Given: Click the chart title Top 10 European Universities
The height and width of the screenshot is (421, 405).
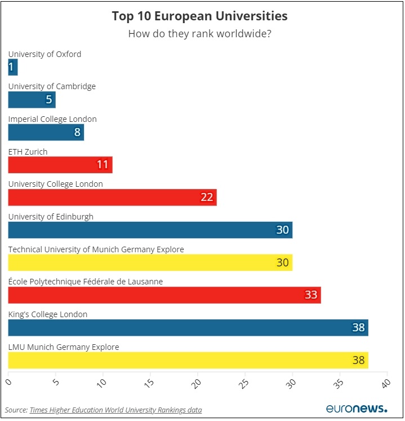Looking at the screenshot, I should pyautogui.click(x=199, y=16).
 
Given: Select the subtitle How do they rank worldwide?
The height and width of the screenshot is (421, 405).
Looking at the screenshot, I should pyautogui.click(x=199, y=33).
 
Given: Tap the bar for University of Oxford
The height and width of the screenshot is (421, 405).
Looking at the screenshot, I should pyautogui.click(x=13, y=68).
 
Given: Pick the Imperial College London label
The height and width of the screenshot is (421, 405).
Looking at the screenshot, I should pyautogui.click(x=52, y=119).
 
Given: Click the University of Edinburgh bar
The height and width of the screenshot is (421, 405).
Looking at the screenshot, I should pyautogui.click(x=150, y=230).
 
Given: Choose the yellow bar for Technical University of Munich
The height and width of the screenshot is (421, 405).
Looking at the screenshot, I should pyautogui.click(x=150, y=262).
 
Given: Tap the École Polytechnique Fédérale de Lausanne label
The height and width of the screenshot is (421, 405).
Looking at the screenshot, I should pyautogui.click(x=85, y=282).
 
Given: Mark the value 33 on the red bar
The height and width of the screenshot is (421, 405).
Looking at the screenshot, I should pyautogui.click(x=310, y=295).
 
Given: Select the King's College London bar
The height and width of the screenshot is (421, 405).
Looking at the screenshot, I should pyautogui.click(x=188, y=327).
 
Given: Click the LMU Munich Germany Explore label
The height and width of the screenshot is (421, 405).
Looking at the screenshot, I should pyautogui.click(x=64, y=347).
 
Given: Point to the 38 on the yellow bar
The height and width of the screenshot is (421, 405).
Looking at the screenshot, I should pyautogui.click(x=358, y=360).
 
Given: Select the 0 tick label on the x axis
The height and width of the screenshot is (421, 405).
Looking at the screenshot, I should pyautogui.click(x=8, y=382).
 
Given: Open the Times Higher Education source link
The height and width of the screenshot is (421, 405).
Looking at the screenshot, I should pyautogui.click(x=115, y=410).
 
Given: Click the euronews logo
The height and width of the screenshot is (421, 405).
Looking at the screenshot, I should pyautogui.click(x=357, y=409).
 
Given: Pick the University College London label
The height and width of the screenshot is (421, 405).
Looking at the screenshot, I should pyautogui.click(x=55, y=184).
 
